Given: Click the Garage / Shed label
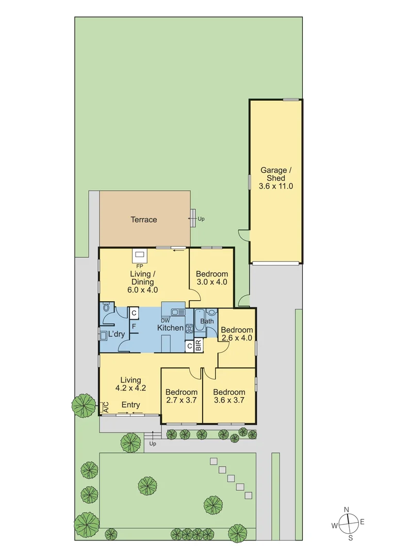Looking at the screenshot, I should click(276, 174).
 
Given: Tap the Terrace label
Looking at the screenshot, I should click(143, 220).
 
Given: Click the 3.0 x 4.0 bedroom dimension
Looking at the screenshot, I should click(212, 282).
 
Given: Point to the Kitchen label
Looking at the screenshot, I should click(170, 328).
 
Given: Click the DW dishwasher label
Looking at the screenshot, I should click(166, 320).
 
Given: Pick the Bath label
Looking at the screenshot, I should click(207, 321).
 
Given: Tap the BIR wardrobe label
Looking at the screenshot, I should click(199, 346).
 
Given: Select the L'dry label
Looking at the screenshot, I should click(117, 334).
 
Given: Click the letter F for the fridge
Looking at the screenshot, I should click(134, 327).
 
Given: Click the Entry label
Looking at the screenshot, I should click(130, 405).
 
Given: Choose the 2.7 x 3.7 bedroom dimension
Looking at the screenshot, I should click(182, 399).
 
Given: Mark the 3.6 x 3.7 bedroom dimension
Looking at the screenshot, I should click(229, 399).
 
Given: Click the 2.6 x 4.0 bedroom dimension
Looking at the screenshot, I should click(237, 338).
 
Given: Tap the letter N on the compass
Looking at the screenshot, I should click(347, 510).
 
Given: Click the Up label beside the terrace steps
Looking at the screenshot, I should click(201, 219).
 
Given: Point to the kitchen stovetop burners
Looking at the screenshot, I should click(189, 328).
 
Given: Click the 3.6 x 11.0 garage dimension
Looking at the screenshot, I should click(276, 186).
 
